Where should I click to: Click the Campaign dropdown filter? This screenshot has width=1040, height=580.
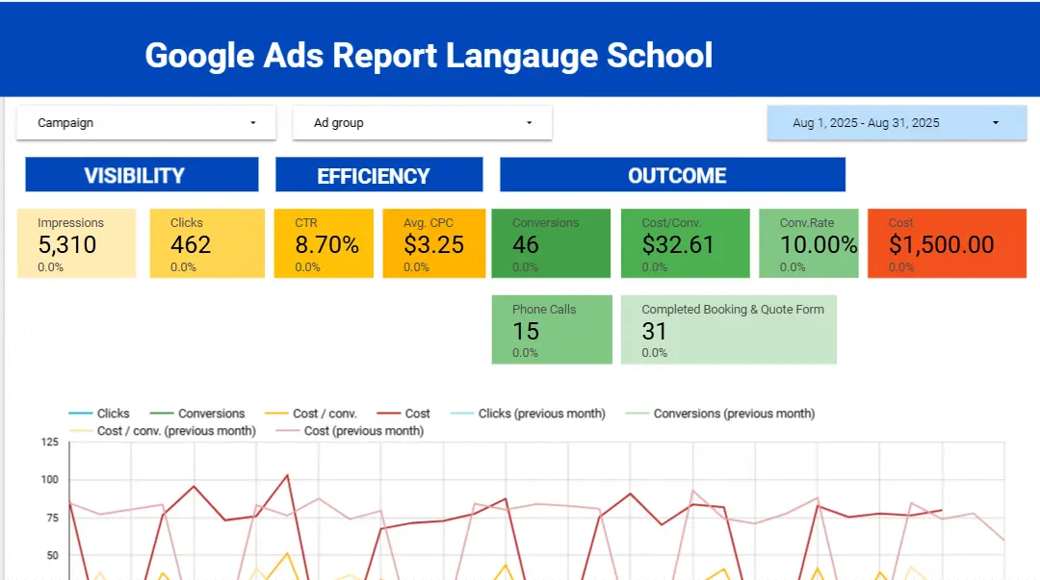146,123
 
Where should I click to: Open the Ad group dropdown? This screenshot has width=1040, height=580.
422,123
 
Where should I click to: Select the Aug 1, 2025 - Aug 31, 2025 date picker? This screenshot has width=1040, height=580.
897,123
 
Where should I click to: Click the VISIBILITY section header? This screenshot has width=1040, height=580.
142,175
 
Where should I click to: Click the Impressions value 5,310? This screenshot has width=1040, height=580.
67,244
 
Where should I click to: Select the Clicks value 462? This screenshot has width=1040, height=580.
190,244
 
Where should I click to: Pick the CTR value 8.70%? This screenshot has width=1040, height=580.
326,244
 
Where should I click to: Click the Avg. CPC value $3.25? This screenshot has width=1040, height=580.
434,244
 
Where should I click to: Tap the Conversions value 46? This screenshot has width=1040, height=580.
526,244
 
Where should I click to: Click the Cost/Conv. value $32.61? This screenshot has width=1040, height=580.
678,244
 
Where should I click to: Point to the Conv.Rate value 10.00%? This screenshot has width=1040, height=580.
819,244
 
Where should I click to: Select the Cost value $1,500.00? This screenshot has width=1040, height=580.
941,244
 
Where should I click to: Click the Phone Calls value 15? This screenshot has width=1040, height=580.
526,331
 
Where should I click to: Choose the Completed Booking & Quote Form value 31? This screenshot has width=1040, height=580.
655,331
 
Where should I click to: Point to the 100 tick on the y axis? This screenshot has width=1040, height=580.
49,480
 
